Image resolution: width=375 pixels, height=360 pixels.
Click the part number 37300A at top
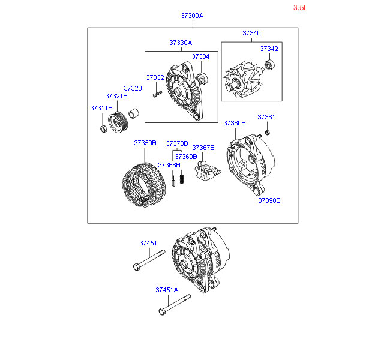pos(192,16)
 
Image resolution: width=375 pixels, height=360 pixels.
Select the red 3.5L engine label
pos(300,8)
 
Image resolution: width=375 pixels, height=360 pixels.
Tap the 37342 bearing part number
pos(269,48)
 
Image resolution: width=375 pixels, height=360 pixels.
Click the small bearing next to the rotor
pos(269,65)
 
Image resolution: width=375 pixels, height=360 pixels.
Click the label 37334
pos(200,56)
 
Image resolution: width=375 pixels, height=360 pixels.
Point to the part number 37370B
pos(177,143)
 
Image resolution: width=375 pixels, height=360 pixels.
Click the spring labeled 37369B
pos(182,178)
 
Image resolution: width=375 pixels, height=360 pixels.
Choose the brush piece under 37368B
pos(172,181)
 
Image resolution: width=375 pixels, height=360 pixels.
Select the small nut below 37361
pos(268,132)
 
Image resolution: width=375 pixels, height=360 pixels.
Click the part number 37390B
pos(269,200)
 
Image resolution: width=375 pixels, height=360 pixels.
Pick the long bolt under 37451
pos(146,262)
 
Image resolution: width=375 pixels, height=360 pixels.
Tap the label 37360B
pos(235,123)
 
